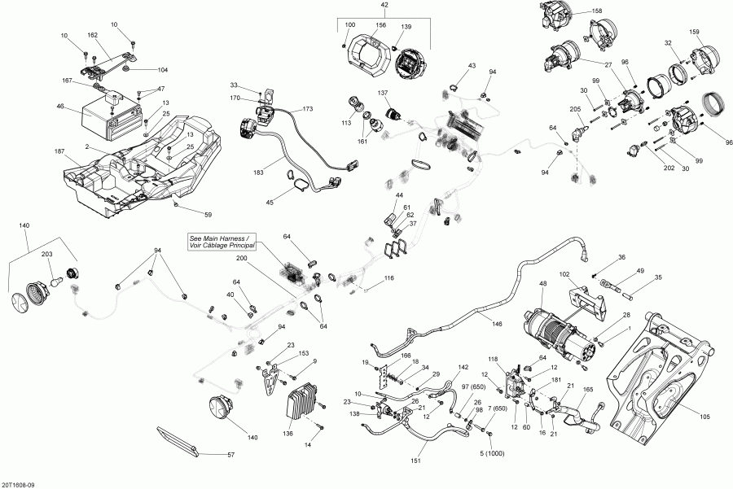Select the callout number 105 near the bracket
point(704,417)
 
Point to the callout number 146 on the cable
point(497,322)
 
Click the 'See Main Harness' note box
point(219,241)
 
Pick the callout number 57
point(230,456)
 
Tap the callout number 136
point(287,433)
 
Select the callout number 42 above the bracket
point(384,6)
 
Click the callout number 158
point(598,11)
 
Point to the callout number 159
point(694,33)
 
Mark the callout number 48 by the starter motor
point(542,283)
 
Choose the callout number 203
point(46,255)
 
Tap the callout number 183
point(258,172)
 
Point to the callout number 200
point(241,258)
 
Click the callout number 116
point(388,278)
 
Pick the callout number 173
point(307,108)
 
